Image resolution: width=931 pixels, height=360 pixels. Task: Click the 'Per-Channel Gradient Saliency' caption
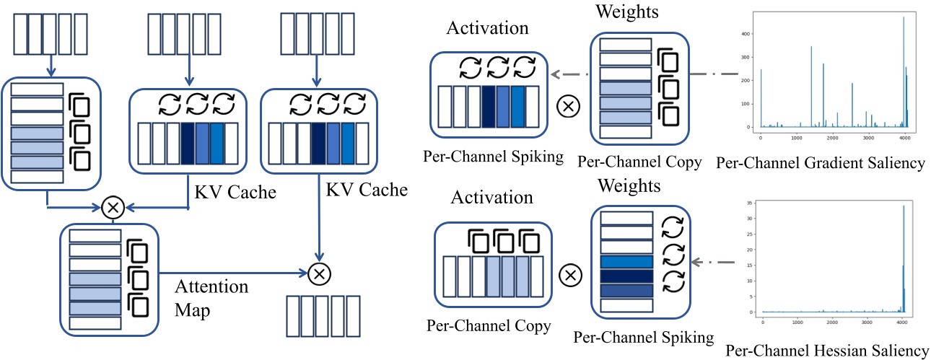821,164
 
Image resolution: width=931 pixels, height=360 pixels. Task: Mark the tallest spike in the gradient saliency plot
903,17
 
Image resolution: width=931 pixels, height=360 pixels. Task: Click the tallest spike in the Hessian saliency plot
904,206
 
